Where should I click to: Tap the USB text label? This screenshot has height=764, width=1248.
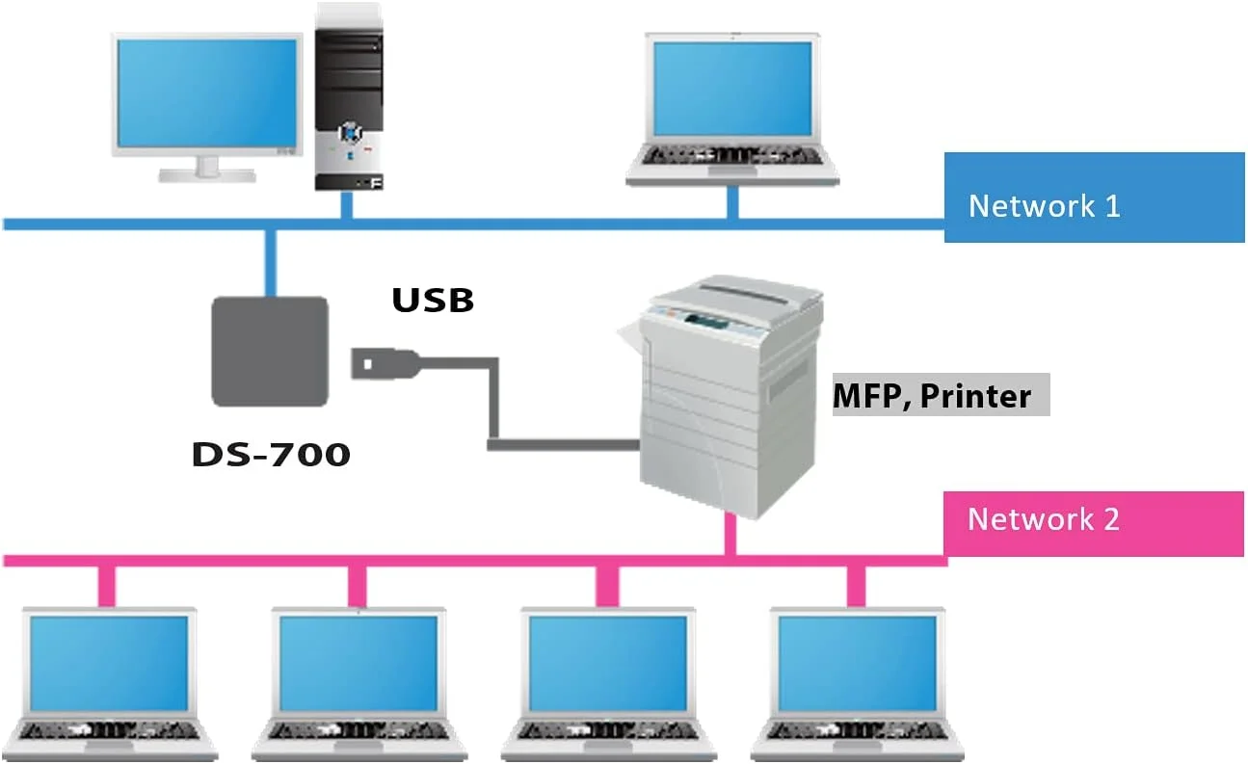point(433,300)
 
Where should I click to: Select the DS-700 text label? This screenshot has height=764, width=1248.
point(271,454)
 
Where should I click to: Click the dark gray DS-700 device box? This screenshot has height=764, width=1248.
point(270,351)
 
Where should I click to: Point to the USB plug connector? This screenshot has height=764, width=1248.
point(385,364)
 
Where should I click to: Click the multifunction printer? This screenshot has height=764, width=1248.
point(723,395)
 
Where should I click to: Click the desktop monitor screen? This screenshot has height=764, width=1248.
point(207,92)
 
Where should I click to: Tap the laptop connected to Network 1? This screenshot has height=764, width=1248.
point(731,106)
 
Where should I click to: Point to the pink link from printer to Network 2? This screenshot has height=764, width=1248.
point(730,535)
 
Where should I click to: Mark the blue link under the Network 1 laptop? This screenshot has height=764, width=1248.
point(731,202)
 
